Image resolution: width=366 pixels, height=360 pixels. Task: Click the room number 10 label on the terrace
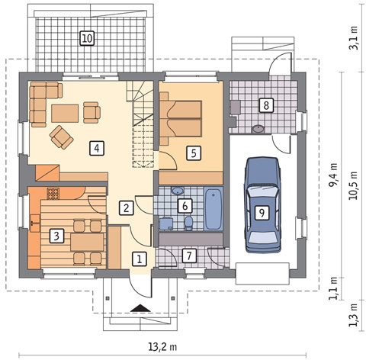(x=87, y=38)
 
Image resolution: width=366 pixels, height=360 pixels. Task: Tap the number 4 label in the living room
(x=97, y=148)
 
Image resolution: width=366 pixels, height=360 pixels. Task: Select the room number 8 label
(x=266, y=105)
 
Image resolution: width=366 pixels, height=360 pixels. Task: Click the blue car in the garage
(x=262, y=204)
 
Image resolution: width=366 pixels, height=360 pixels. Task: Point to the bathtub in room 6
(x=213, y=208)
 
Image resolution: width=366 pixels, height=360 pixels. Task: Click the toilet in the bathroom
(x=188, y=223)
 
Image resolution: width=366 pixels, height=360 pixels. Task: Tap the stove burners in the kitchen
(x=53, y=194)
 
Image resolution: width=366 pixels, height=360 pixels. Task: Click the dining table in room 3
(x=87, y=243)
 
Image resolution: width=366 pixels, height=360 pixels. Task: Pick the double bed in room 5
(x=181, y=119)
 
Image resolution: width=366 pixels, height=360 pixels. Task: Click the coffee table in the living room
(x=65, y=114)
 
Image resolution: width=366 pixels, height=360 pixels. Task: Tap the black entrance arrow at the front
(x=140, y=308)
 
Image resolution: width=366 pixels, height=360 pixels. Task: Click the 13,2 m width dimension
(x=162, y=346)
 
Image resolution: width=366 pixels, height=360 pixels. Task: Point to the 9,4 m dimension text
(x=333, y=175)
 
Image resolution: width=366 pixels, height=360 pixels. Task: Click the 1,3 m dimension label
(x=353, y=315)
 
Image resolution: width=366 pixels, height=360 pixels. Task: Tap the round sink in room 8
(x=258, y=129)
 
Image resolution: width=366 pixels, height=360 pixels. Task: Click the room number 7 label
(x=189, y=256)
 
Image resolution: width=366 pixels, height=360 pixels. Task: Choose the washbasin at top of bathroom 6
(x=178, y=191)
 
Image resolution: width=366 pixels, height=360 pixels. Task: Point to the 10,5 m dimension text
(x=353, y=185)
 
